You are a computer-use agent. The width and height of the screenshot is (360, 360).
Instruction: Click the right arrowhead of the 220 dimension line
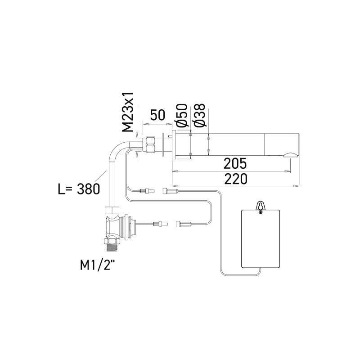pos(297,185)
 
